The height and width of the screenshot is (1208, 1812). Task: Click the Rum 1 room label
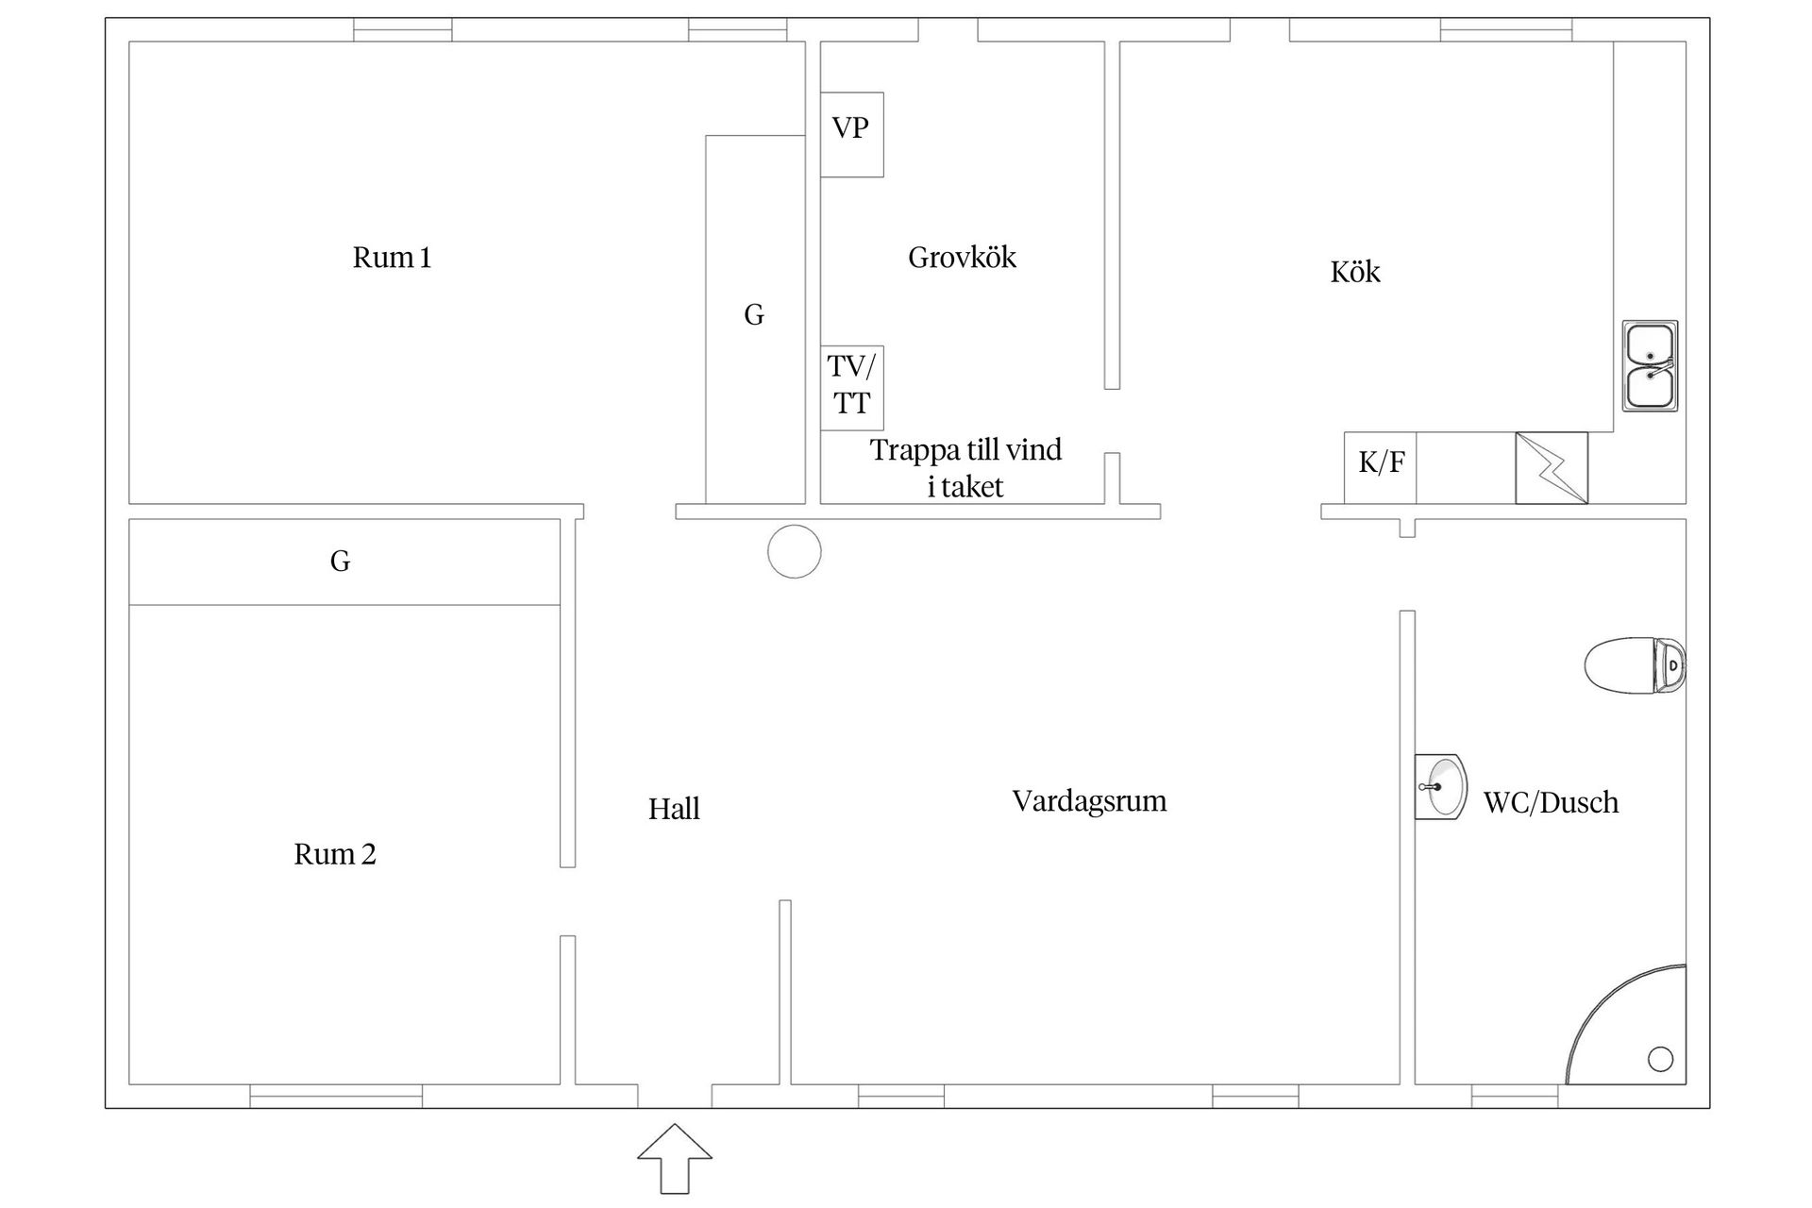(392, 258)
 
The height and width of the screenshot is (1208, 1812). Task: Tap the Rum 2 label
(335, 854)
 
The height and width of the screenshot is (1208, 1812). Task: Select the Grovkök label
(963, 258)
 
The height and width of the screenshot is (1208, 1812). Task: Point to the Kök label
(1355, 272)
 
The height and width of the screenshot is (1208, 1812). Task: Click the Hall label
(674, 809)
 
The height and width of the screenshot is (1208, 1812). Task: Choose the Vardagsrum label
(1090, 801)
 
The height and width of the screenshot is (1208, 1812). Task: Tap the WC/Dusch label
(1552, 802)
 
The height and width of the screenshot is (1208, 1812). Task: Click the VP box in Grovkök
(851, 134)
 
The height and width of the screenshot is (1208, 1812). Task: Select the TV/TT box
(851, 388)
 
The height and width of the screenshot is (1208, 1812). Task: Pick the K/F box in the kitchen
(1381, 468)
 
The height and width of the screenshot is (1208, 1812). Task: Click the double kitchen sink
(1651, 366)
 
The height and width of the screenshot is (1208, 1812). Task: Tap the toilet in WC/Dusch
(1636, 665)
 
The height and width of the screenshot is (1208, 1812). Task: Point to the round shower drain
(1661, 1059)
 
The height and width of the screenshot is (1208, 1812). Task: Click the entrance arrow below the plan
(675, 1158)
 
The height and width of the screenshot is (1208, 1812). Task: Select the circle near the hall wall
(795, 551)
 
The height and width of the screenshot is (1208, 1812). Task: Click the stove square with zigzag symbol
(1552, 468)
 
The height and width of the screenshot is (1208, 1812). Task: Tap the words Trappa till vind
(965, 450)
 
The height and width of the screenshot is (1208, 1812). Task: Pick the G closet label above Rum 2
(341, 562)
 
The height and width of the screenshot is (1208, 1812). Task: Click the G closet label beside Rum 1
(754, 315)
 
